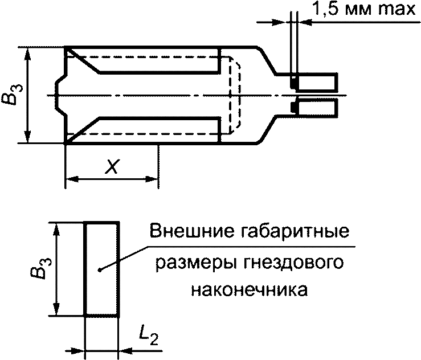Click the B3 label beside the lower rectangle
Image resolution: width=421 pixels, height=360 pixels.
[x=39, y=268]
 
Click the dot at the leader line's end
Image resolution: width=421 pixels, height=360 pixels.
[x=100, y=269]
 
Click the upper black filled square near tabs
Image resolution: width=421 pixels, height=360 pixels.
[x=294, y=84]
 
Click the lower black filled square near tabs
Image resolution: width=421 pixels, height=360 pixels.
[x=294, y=106]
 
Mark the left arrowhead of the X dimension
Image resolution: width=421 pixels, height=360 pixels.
[x=71, y=181]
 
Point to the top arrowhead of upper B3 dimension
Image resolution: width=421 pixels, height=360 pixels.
[x=27, y=52]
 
